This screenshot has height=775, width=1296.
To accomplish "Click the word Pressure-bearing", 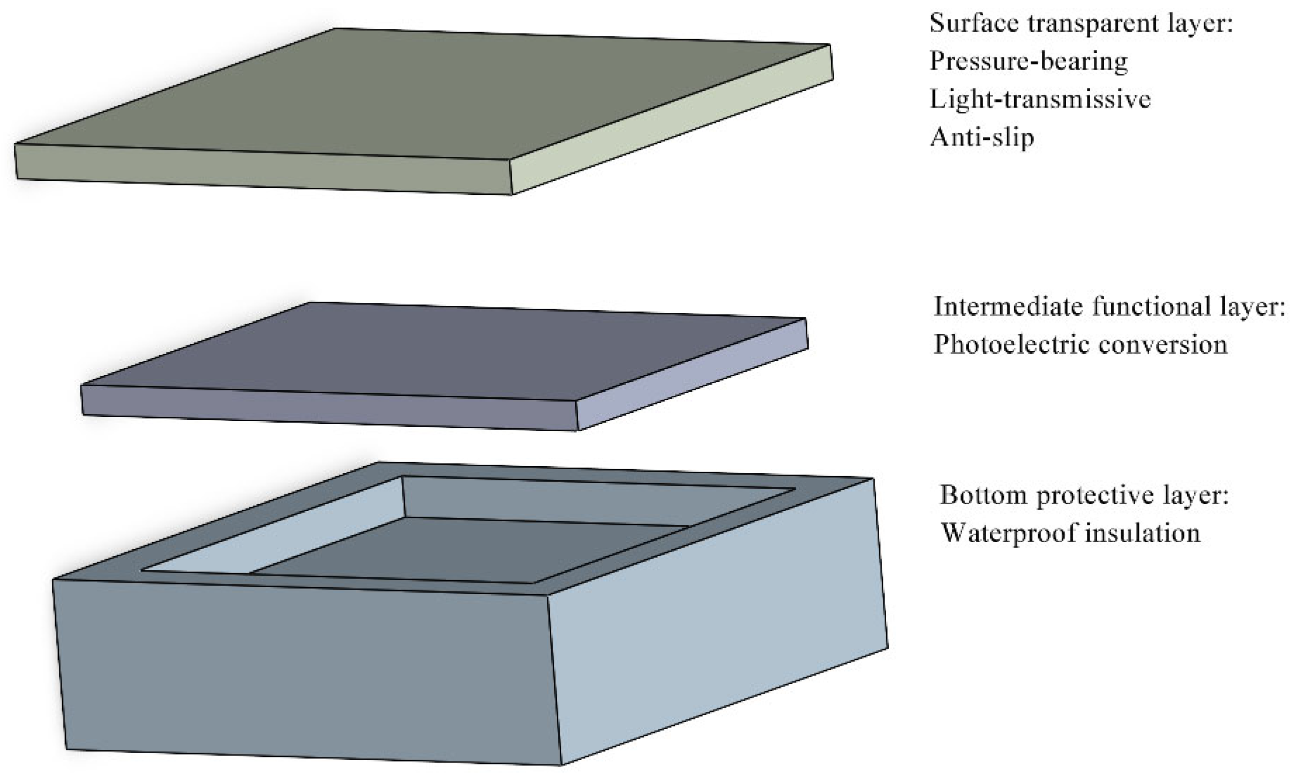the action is pos(1028,61).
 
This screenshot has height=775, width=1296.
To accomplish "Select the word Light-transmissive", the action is pos(1040,99).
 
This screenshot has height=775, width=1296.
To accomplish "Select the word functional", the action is pos(1151,307).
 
